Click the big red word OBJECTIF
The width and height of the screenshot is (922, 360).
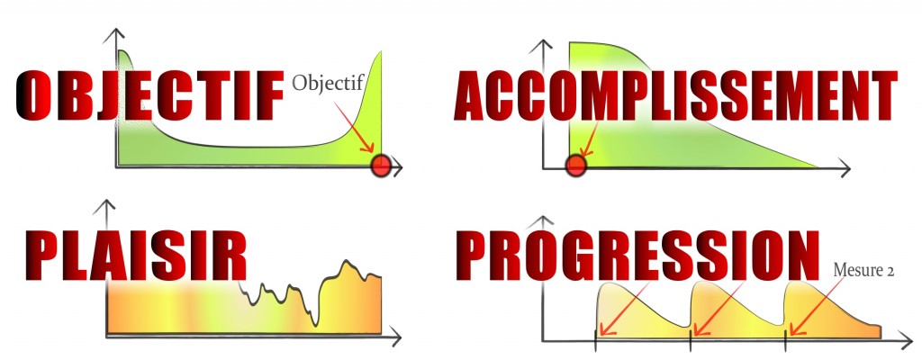click(x=149, y=94)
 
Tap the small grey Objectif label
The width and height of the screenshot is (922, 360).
click(x=329, y=83)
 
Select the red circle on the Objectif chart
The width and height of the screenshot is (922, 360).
click(x=381, y=166)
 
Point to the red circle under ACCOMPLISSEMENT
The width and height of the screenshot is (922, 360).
click(x=575, y=166)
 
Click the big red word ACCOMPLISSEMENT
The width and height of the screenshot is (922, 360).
click(x=675, y=95)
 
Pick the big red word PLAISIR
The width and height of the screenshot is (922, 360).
click(x=135, y=256)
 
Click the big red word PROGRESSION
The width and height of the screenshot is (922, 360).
click(x=637, y=256)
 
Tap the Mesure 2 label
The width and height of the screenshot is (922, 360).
click(x=863, y=271)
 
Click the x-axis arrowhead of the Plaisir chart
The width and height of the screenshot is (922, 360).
click(x=396, y=337)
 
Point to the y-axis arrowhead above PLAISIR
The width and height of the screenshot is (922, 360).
click(x=106, y=206)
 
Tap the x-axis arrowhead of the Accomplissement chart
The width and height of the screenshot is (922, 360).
click(x=845, y=169)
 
